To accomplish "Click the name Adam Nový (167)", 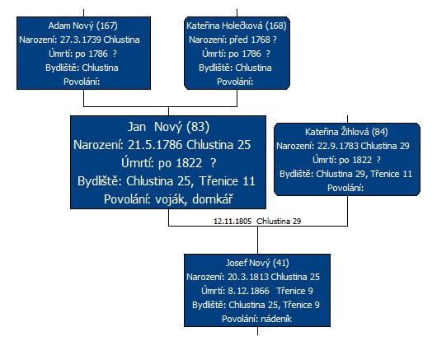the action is point(82,26).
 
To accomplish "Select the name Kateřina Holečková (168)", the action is point(237,26).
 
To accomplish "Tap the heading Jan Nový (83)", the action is point(168,127).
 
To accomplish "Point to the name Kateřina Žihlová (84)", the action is point(346,132).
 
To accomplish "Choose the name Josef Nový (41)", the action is point(257,263).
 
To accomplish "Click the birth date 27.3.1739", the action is point(81,40).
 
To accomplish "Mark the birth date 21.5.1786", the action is point(155,145).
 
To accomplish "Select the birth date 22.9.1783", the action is point(338,146).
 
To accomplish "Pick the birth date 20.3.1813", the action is point(247,277).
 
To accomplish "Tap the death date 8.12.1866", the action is point(249,291).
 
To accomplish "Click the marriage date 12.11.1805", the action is point(233,222).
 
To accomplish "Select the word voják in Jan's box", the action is point(170,199).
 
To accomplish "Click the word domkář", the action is point(213,199).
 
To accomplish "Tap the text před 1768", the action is point(250,40).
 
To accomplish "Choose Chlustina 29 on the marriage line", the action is point(279,222).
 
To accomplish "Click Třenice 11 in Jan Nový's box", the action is point(227,181).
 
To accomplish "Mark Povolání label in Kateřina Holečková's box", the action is point(235,82).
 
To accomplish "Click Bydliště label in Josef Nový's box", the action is point(209,305).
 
